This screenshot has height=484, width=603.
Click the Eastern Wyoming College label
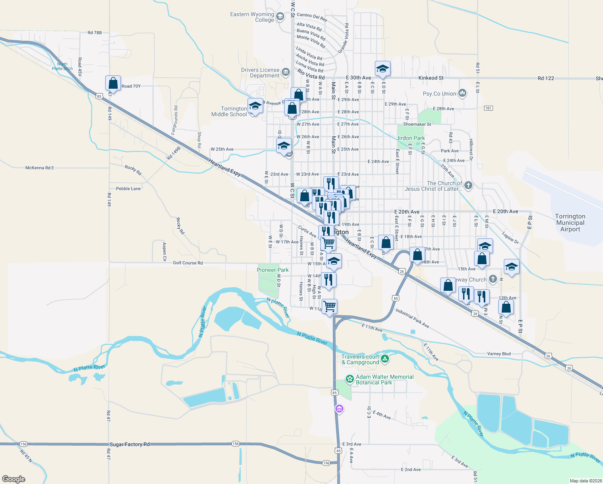252,17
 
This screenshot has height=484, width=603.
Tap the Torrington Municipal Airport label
570,223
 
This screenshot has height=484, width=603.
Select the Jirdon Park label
410,138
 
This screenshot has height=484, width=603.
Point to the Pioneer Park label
273,270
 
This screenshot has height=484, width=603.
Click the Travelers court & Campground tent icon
385,359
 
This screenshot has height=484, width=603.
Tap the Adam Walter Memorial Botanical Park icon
349,380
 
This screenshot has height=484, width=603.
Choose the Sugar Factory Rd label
129,444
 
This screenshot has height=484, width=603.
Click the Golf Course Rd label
187,263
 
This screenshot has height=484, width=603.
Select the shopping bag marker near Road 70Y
113,83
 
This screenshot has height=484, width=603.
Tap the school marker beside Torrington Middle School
255,106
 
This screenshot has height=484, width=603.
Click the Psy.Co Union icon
462,94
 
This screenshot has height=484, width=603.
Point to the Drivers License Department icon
286,73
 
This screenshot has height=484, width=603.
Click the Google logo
14,479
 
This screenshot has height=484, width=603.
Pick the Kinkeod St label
431,78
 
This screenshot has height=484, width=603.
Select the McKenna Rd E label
40,168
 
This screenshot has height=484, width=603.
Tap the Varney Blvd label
499,354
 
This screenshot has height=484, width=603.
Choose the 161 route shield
489,108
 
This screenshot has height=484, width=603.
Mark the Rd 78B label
95,33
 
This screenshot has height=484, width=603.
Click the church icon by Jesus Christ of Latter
468,186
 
